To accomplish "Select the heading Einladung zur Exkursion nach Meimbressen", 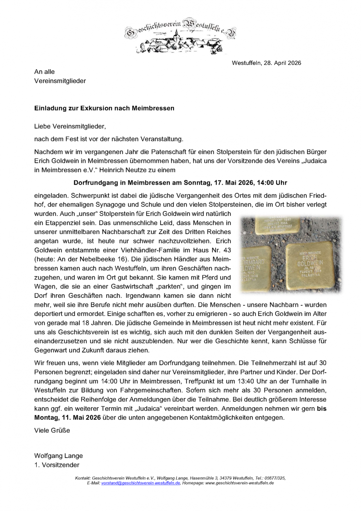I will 104,108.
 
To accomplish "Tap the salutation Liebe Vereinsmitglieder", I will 70,126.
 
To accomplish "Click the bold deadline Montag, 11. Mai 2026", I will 67,418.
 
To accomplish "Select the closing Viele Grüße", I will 52,431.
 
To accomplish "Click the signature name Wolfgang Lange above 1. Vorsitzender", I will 58,456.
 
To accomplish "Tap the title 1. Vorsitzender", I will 57,465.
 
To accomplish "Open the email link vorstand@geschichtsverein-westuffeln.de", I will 140,483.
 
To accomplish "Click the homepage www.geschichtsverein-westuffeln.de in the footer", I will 239,483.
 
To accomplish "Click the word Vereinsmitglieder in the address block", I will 60,81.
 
